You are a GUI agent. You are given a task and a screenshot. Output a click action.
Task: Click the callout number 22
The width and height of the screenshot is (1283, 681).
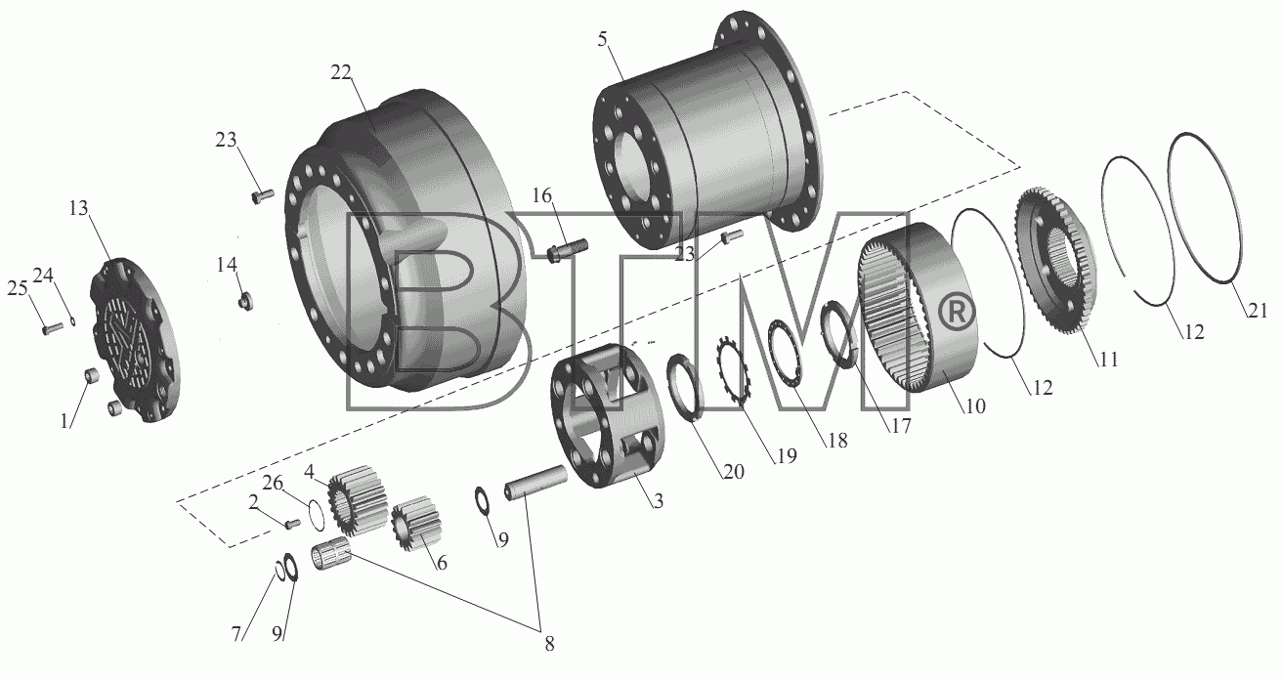[341, 72]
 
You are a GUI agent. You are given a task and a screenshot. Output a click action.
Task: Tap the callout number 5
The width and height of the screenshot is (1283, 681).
[602, 39]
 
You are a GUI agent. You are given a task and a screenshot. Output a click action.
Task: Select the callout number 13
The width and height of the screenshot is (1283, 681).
[78, 208]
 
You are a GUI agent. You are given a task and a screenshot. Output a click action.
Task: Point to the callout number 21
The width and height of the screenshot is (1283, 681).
[1258, 310]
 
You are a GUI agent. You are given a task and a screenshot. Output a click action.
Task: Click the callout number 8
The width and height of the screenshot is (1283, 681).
[549, 644]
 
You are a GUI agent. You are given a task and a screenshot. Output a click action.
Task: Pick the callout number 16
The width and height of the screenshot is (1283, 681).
[542, 195]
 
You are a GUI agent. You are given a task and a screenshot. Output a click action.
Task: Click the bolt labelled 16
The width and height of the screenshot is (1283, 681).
[568, 251]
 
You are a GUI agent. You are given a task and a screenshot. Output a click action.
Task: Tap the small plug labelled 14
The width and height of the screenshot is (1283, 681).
[246, 300]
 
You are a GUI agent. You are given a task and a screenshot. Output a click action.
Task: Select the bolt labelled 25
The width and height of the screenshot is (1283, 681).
[53, 328]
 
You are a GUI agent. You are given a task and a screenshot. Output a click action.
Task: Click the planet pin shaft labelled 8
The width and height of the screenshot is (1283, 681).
[535, 483]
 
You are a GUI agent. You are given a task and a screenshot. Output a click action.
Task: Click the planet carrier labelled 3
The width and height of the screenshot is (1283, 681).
[607, 416]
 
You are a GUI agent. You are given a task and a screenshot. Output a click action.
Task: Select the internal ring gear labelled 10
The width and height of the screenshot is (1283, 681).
[918, 307]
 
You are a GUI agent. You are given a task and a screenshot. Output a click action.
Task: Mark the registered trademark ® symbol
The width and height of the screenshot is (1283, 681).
[956, 312]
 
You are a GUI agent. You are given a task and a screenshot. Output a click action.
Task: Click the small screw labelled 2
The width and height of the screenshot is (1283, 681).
[292, 523]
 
